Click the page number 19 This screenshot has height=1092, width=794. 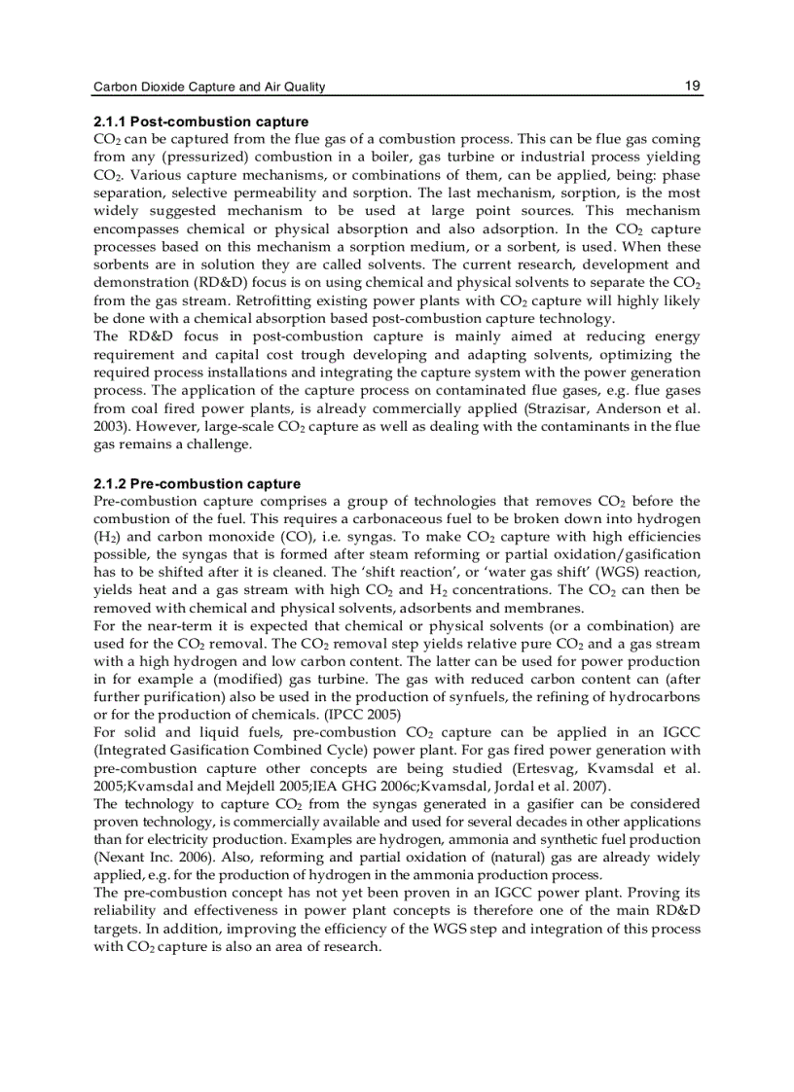pos(692,86)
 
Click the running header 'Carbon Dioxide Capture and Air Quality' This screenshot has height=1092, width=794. pos(208,87)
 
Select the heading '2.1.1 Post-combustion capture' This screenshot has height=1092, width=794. pos(200,123)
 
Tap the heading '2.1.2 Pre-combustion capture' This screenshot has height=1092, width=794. pos(197,483)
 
